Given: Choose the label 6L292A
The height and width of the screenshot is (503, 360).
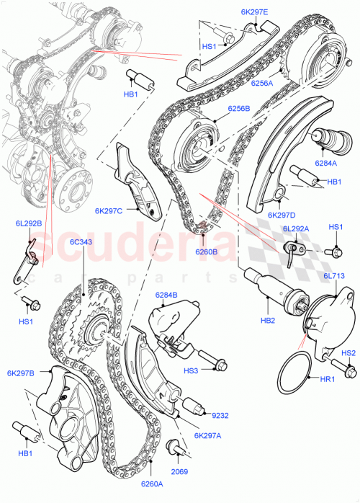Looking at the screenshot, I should pos(297,228).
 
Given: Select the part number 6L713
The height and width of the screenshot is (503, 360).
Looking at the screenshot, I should pos(335,276).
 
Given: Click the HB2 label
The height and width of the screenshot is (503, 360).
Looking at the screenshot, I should pos(269,320).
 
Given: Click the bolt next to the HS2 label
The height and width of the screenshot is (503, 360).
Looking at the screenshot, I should pos(351,371).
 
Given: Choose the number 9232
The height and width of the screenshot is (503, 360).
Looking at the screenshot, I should pos(220,414).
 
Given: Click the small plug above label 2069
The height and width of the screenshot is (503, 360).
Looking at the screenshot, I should pos(174,448).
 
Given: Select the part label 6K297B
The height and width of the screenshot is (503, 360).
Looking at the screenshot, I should pos(22,373).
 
